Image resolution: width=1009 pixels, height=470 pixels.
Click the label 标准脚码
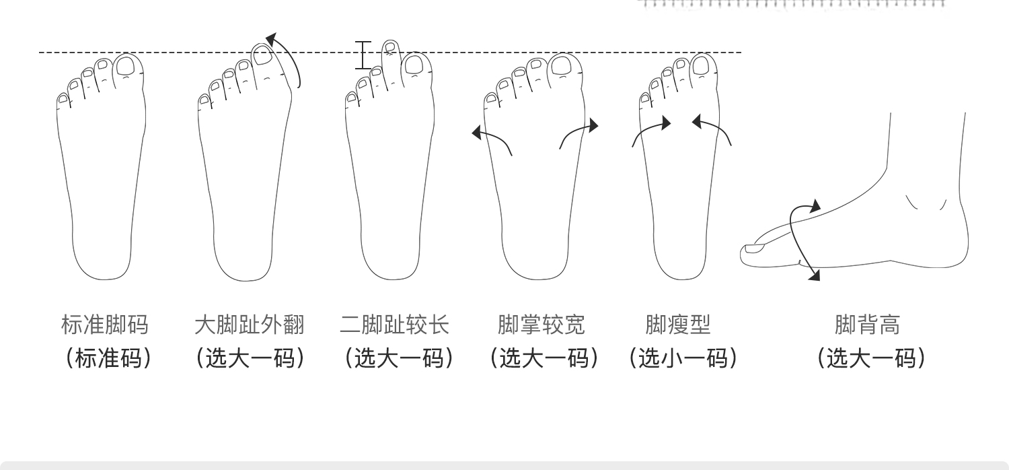[x=104, y=325]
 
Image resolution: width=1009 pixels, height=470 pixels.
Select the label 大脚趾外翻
[x=250, y=325]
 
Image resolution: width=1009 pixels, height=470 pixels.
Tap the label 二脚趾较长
[x=395, y=325]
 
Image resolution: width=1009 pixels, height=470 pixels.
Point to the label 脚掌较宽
[x=541, y=325]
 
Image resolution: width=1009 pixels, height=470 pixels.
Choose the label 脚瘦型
[x=678, y=325]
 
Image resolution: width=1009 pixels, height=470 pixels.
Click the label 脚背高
[x=867, y=325]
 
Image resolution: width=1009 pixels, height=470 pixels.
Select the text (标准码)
[x=108, y=358]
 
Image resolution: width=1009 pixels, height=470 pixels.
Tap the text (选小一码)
[x=683, y=358]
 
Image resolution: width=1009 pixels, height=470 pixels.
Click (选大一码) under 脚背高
[x=872, y=358]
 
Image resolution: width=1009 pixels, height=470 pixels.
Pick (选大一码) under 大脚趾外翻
[x=250, y=358]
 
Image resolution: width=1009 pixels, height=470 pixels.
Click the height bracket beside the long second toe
[x=363, y=55]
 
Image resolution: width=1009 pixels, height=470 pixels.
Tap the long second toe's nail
[x=388, y=47]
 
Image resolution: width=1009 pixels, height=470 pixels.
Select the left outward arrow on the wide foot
[x=491, y=138]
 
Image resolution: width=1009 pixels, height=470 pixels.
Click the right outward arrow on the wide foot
[x=578, y=131]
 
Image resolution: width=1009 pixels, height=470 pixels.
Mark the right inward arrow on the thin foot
[x=712, y=128]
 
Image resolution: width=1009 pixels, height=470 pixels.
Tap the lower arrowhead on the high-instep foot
[x=815, y=274]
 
